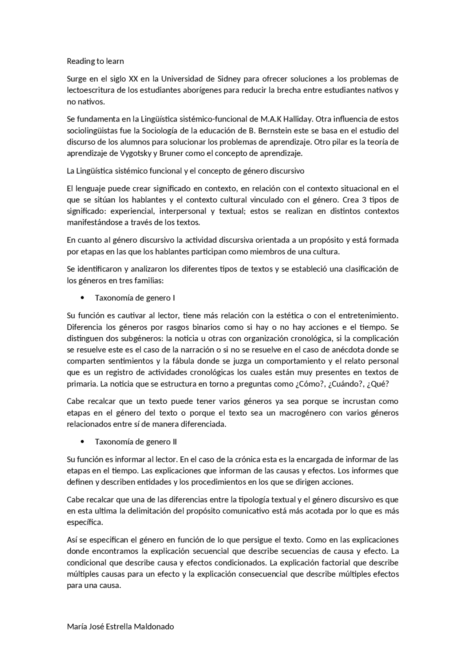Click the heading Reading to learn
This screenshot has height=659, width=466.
95,61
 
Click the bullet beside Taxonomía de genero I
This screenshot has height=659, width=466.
83,298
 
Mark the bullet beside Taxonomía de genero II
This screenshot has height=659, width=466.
83,442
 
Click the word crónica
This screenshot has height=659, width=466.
260,459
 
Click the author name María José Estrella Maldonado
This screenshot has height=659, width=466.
120,627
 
